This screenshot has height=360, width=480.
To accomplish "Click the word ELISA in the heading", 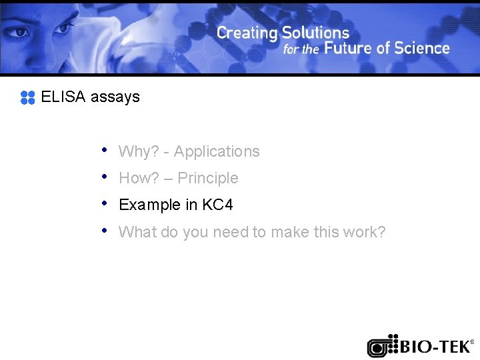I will coord(63,97).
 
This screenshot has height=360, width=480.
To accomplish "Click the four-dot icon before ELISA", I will coord(27,97).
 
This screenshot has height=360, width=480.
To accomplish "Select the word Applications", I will coord(217,152).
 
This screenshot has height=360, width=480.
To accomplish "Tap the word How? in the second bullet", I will coord(137,179).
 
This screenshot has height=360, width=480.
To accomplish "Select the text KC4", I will coord(217,205).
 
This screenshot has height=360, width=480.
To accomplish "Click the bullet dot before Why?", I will coord(105,150).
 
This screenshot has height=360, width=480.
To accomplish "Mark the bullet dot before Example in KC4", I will coord(105,203).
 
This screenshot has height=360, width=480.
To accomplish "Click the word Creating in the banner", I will coord(247,33).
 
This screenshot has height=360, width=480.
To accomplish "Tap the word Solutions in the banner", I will coord(315,33).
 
